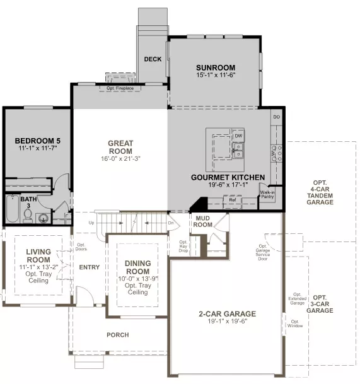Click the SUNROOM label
(215, 67)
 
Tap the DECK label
(153, 59)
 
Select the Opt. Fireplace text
(120, 88)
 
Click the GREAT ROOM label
(120, 148)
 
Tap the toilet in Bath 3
(44, 218)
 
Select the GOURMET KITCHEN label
(228, 178)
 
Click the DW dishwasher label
(238, 136)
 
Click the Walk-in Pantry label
(268, 195)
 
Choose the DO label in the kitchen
(276, 117)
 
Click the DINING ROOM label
(137, 267)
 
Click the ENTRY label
(89, 267)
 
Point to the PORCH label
(117, 335)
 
